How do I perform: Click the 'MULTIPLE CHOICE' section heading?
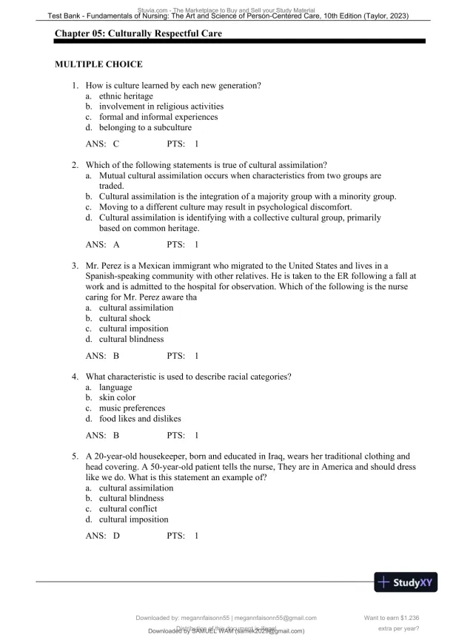(x=98, y=65)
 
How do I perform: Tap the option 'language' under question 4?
(x=115, y=387)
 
